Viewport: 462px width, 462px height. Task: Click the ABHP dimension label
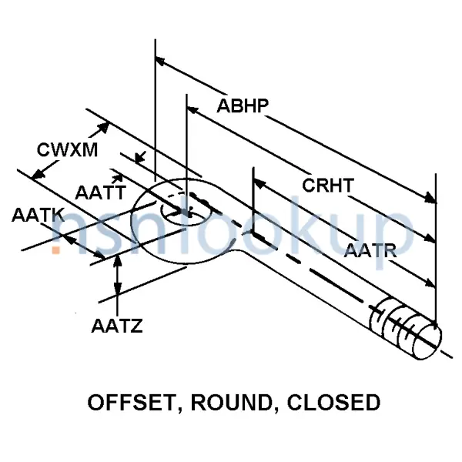[242, 106]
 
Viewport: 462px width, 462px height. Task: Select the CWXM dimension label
[68, 150]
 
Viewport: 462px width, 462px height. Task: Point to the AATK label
[37, 216]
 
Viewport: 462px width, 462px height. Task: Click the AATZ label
[115, 326]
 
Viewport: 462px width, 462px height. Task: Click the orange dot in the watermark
[55, 249]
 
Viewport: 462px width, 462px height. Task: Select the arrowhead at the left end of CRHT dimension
[258, 182]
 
